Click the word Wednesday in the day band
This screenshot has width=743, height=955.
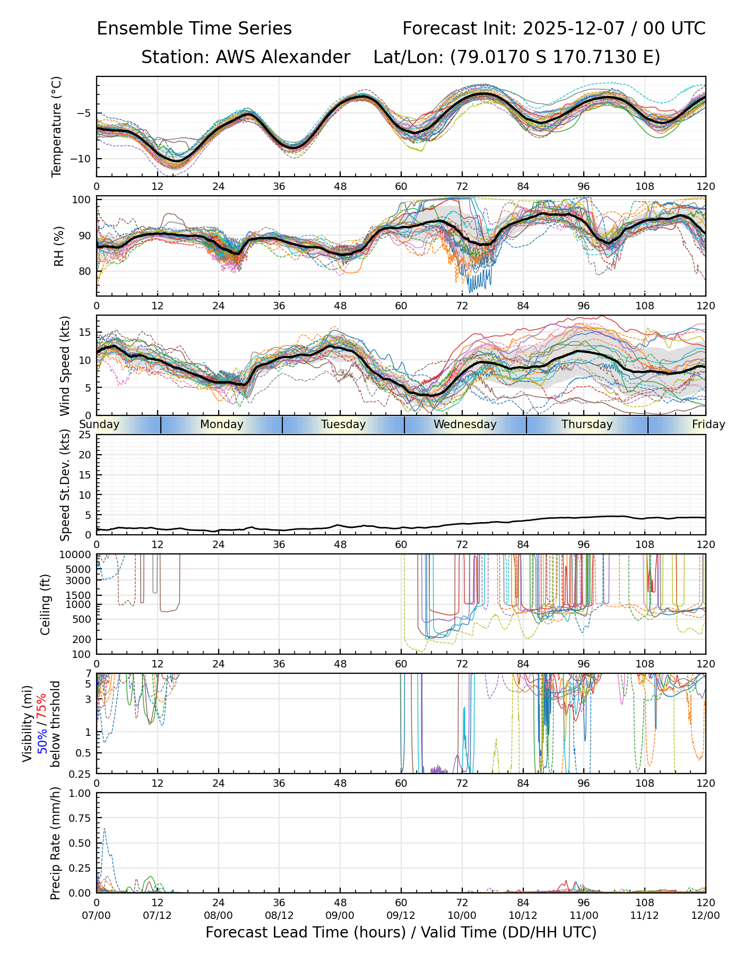(x=465, y=424)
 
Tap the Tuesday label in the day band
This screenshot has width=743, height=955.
(x=343, y=424)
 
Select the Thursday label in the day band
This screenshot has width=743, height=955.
(x=587, y=424)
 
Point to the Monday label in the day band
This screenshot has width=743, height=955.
(x=222, y=424)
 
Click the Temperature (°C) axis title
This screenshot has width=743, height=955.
(x=57, y=126)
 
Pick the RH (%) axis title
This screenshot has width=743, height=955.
(x=59, y=246)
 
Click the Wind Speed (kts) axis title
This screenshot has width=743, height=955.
(x=65, y=366)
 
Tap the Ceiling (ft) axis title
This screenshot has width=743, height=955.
(x=46, y=604)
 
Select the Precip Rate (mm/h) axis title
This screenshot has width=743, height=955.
(x=55, y=843)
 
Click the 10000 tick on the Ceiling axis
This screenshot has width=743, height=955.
(x=79, y=555)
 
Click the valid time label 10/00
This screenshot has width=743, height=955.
(x=462, y=916)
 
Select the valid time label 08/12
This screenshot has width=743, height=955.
(x=279, y=916)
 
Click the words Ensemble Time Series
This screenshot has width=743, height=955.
(x=194, y=29)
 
